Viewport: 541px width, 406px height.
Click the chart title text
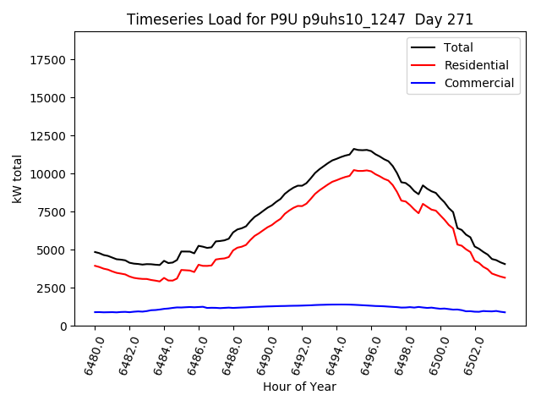point(300,19)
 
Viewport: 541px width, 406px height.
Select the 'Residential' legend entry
point(476,65)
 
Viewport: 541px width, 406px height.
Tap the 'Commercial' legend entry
point(478,83)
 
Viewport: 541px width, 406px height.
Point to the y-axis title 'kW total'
point(18,178)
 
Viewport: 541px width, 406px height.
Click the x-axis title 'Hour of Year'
point(300,387)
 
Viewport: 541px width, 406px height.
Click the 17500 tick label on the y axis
point(47,60)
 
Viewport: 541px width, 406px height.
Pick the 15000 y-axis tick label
point(47,98)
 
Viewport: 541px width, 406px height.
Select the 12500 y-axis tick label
point(47,136)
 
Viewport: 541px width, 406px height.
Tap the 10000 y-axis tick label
point(47,174)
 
